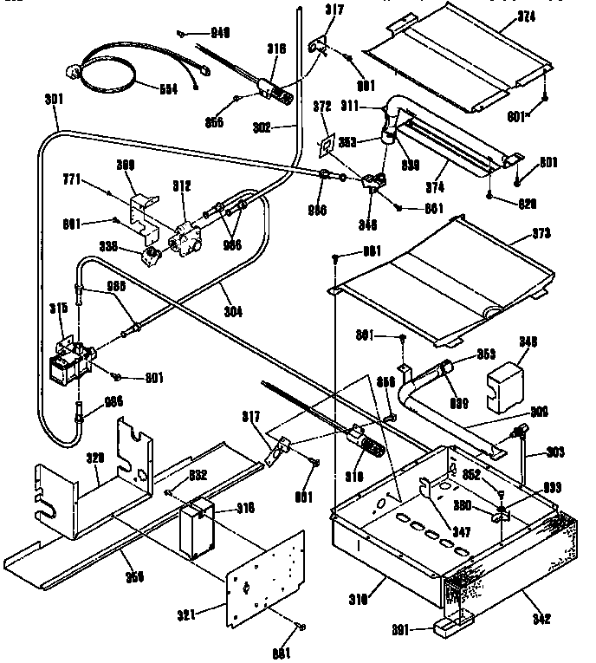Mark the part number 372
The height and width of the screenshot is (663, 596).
pos(322,106)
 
